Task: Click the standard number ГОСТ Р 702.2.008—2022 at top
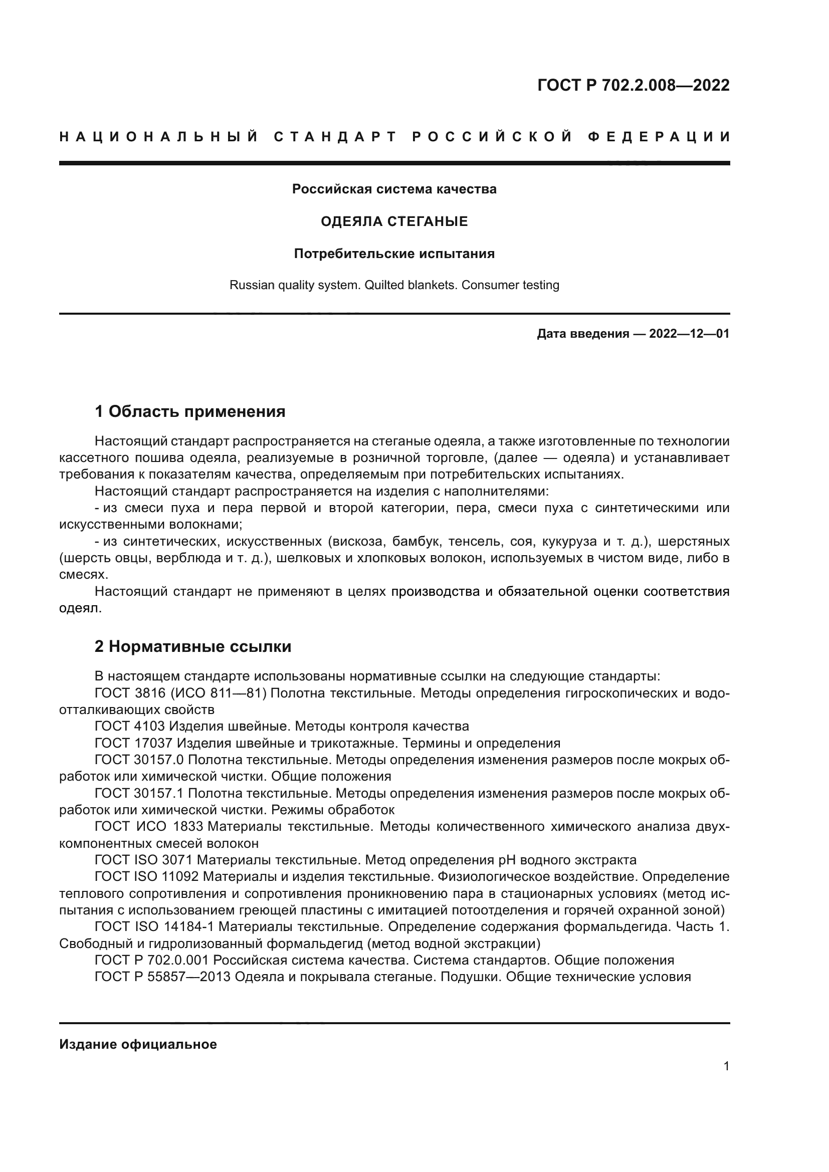pos(633,85)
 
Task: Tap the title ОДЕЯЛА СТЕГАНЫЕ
pos(394,221)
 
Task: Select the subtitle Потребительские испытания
pos(394,254)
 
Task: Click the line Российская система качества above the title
pos(394,189)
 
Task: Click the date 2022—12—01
pos(689,334)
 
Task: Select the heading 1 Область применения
pos(190,411)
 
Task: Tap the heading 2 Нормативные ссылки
pos(193,647)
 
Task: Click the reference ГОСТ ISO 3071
pos(143,860)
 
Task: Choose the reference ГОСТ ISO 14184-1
pos(154,926)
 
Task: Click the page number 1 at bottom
pos(726,1066)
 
